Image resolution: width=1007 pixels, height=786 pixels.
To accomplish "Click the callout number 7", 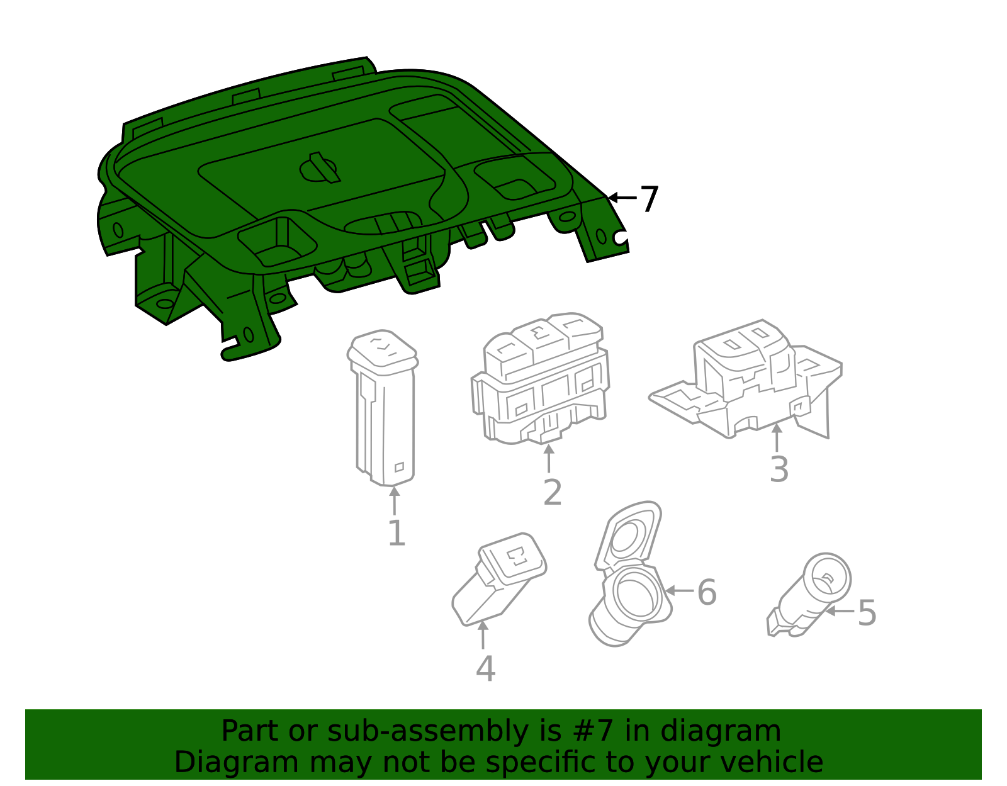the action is click(649, 199).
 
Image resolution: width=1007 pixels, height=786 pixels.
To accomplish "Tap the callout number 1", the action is click(397, 532).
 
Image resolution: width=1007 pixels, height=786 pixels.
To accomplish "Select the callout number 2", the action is click(553, 492).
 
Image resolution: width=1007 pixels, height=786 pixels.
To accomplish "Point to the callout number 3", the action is click(779, 469).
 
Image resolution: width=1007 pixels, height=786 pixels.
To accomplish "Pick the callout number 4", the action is click(486, 669).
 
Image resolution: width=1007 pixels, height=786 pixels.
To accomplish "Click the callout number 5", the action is click(867, 613).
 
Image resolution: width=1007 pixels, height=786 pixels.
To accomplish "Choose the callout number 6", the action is click(707, 592).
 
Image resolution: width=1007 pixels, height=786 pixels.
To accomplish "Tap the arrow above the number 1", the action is click(395, 500).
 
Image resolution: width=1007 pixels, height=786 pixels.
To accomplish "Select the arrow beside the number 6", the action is click(679, 590).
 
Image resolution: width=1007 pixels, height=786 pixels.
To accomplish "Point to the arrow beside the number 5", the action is click(840, 611).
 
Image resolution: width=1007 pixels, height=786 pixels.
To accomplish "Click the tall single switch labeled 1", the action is click(383, 408).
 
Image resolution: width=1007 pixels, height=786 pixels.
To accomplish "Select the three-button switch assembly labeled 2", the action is click(541, 378).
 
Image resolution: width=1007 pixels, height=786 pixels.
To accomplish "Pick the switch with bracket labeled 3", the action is click(745, 378).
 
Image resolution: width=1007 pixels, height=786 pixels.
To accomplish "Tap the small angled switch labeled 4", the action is click(499, 579).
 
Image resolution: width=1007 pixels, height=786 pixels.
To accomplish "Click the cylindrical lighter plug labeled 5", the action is click(809, 595).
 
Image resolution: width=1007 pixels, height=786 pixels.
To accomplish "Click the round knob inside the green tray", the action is click(319, 168).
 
